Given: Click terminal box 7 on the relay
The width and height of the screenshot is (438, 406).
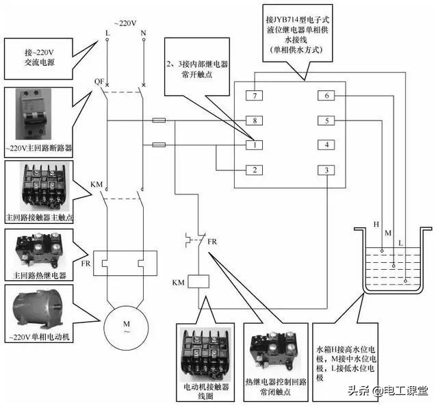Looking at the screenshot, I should coord(254,96).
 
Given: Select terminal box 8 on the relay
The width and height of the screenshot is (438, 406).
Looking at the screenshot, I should coord(254,120).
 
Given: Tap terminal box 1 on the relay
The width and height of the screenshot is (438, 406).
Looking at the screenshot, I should coord(254,144).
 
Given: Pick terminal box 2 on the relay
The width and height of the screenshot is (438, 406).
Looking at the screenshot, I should coord(254,170).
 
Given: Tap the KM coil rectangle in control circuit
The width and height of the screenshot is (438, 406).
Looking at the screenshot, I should coord(198,281).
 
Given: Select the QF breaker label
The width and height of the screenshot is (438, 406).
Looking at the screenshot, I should coord(99,81).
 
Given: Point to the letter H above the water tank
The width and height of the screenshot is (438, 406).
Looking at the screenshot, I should coord(376,225).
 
